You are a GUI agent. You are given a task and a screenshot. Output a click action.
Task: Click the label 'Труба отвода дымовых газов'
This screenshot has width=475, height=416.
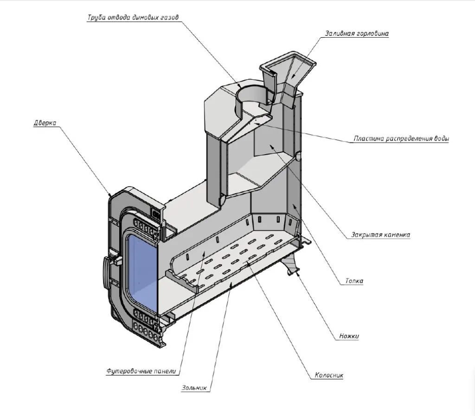coord(133,18)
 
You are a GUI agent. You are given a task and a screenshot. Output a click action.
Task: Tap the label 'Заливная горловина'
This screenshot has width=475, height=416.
coord(356,33)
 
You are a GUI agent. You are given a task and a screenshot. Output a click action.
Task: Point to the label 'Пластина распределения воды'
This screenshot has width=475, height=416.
coord(401,139)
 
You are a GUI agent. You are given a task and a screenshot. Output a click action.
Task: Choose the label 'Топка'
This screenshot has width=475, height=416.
coord(354,281)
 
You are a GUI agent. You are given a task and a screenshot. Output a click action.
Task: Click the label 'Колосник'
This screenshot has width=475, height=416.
coord(328,375)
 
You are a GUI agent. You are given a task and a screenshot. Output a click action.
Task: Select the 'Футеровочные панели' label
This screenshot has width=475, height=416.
coord(142,371)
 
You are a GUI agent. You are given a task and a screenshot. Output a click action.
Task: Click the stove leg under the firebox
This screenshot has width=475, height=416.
coord(291,265)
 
